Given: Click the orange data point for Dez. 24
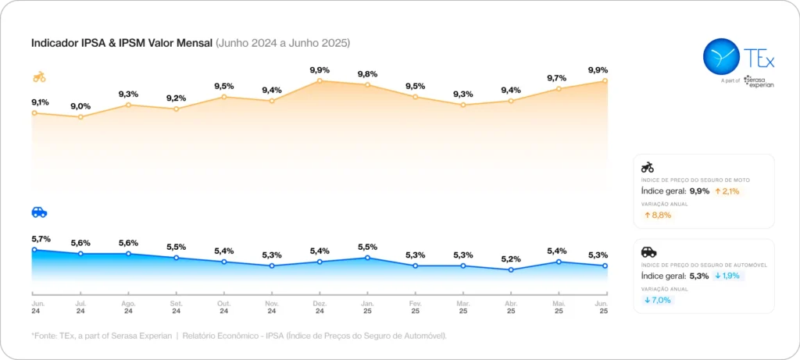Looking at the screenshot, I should click(320, 81).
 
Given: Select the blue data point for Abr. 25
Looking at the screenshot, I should click(510, 270).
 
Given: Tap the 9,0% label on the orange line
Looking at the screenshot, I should click(80, 106).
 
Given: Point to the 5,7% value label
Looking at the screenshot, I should click(41, 239).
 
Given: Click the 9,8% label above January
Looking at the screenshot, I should click(367, 74).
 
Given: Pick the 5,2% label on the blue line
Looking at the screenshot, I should click(510, 259).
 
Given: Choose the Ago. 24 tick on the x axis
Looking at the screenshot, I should click(128, 306).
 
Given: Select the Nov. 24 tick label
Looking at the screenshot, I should click(272, 306).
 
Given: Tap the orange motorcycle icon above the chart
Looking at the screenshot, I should click(39, 77).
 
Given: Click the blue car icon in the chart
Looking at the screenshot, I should click(39, 212).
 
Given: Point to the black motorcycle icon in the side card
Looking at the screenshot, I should click(647, 167).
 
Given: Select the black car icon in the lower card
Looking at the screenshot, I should click(648, 251).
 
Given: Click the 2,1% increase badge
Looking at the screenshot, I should click(727, 191).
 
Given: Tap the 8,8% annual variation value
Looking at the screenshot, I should click(658, 215).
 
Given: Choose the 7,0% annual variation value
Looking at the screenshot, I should click(658, 300).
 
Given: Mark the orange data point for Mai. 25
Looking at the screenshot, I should click(558, 89).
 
